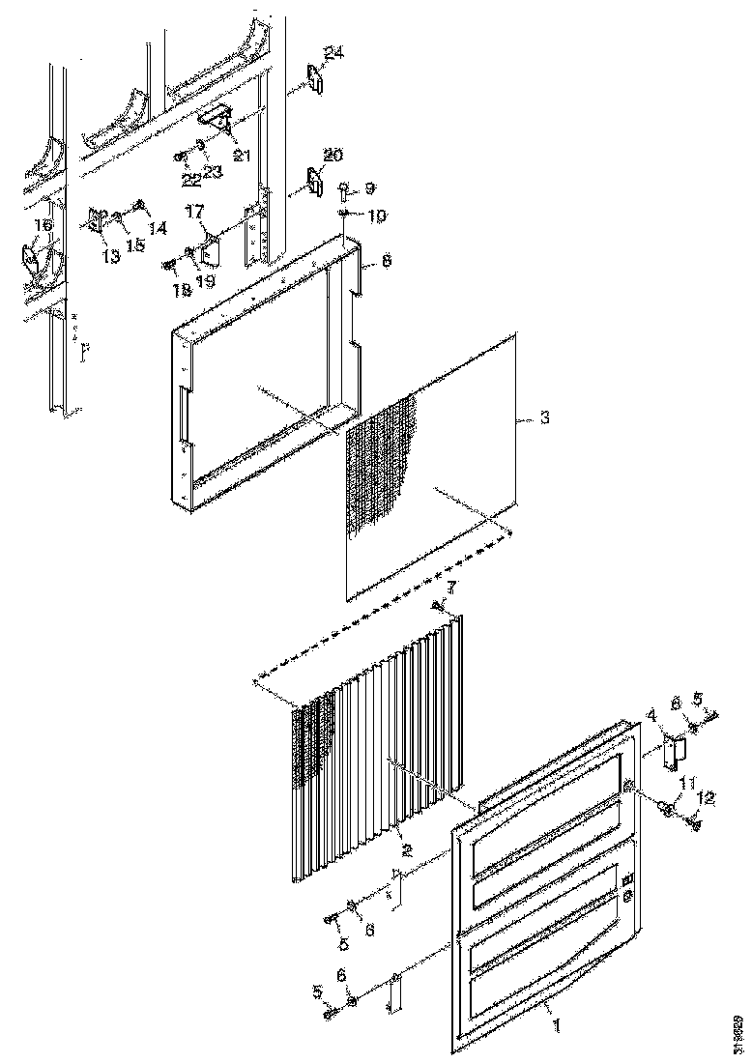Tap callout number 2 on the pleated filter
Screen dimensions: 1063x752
tap(408, 850)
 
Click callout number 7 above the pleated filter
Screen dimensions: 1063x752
tap(449, 587)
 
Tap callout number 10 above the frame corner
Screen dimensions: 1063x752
tap(375, 215)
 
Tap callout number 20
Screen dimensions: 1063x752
tap(333, 155)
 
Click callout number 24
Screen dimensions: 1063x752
tap(333, 54)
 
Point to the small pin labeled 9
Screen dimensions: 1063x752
tap(343, 191)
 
